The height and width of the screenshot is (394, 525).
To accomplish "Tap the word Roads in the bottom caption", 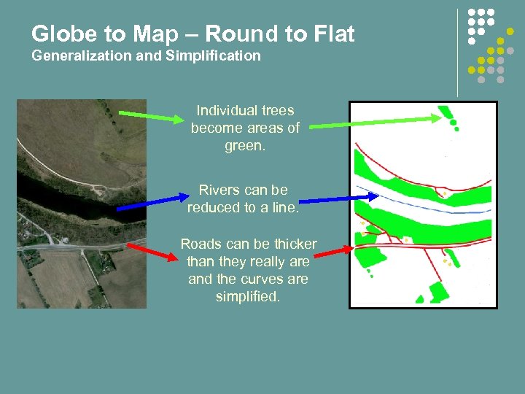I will point(199,244).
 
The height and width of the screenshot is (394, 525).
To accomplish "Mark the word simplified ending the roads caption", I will point(248,297).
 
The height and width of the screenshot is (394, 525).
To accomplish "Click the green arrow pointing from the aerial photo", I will point(149,116).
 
